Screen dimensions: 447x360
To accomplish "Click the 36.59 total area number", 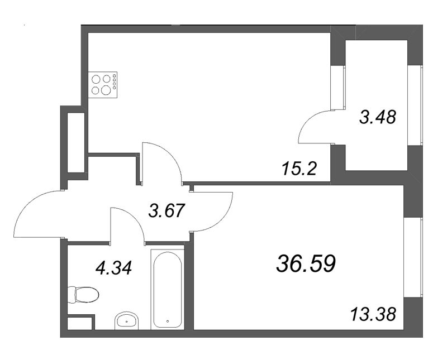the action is tap(306, 263).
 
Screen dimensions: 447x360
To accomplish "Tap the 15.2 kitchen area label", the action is tap(299, 169).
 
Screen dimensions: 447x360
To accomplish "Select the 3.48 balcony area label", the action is tap(378, 117).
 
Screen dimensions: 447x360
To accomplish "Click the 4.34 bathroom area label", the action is tap(114, 268).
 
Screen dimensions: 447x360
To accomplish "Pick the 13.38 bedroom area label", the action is tap(373, 315).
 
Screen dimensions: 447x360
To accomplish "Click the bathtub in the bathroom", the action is tap(167, 290).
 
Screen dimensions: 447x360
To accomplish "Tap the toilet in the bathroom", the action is tap(83, 295).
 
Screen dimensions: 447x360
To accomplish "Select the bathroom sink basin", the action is tap(127, 321).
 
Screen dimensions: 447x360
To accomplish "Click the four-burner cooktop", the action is tap(103, 85).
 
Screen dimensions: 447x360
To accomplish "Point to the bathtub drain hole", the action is tap(168, 321).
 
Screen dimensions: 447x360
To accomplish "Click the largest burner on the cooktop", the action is tap(106, 90).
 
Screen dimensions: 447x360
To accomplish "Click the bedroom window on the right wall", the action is tap(413, 258).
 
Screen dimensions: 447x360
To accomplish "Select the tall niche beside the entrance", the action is tap(76, 142).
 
